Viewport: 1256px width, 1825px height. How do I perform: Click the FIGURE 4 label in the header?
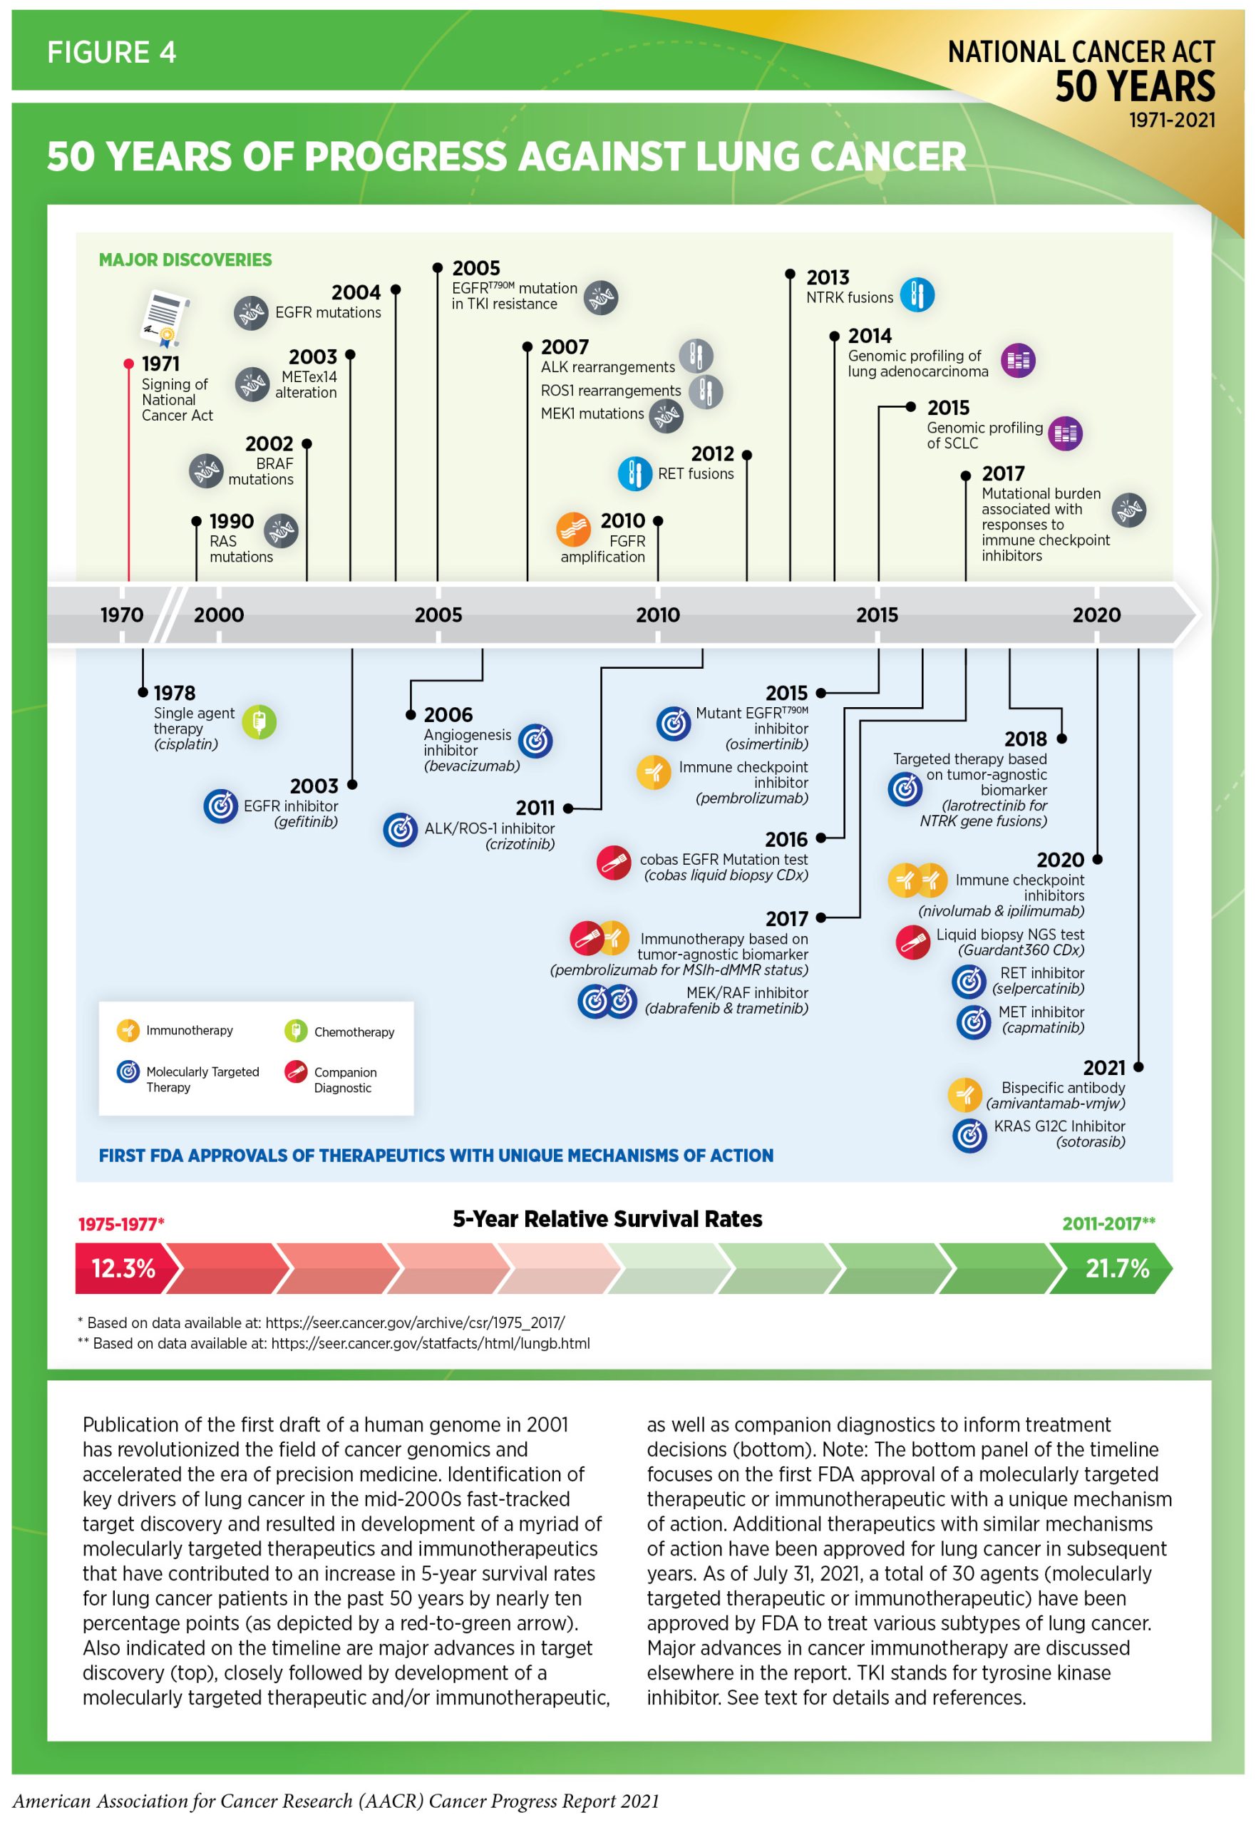tap(111, 53)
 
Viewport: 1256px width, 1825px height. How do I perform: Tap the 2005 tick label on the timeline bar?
tap(438, 615)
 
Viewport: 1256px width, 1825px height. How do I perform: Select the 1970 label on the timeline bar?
tap(122, 615)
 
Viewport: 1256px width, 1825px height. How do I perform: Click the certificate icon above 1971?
tap(165, 319)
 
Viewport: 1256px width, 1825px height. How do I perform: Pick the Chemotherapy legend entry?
tap(354, 1032)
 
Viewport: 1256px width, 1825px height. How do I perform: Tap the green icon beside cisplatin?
tap(259, 721)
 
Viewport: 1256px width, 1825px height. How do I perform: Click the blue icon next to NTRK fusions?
tap(917, 295)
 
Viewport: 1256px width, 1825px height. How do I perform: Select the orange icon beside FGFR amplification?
tap(573, 530)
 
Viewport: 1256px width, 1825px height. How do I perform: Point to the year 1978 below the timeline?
tap(174, 692)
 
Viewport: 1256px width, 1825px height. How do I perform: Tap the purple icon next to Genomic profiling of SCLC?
tap(1066, 433)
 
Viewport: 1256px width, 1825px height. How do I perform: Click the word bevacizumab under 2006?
tap(471, 766)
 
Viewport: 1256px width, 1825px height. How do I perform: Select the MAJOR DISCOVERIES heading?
tap(185, 259)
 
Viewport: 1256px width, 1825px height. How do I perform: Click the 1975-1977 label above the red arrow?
tap(120, 1224)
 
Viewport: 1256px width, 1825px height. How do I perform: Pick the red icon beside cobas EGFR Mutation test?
tap(614, 863)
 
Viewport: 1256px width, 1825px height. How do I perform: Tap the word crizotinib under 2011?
tap(520, 845)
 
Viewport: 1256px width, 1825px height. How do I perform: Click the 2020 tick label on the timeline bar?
tap(1096, 615)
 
